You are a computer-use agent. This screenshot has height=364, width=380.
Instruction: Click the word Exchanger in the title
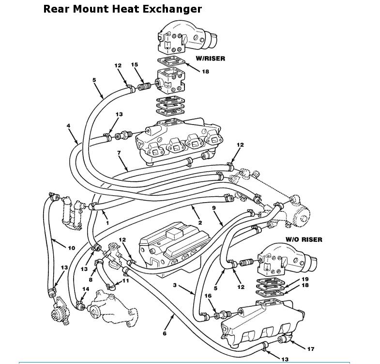coord(172,9)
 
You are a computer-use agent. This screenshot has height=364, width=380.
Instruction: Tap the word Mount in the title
coord(91,9)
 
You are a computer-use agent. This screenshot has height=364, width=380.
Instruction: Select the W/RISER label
coord(211,59)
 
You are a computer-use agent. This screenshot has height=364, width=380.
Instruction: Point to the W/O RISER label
coord(304,240)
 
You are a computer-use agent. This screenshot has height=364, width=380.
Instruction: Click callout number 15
coord(135,64)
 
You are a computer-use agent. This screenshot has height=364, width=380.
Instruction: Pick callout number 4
coord(69,126)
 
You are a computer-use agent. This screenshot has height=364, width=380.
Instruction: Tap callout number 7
coord(119,153)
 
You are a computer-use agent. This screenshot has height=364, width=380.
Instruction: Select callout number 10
coord(72,248)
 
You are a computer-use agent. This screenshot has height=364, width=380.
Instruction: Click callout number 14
coord(86,289)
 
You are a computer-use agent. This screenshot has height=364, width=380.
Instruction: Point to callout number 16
coord(208,296)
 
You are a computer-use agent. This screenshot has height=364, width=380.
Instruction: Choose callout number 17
coord(311,349)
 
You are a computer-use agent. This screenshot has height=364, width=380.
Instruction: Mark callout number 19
coord(305,279)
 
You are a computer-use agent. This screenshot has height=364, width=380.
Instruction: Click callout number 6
coord(165,333)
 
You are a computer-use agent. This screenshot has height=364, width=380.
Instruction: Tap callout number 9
coord(213,208)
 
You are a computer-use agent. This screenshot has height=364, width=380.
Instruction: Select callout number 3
coord(175,285)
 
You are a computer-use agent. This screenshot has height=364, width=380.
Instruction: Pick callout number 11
coord(125,281)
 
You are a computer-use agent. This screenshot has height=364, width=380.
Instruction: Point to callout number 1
coord(107,223)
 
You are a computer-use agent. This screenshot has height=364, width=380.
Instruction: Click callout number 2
coord(200,222)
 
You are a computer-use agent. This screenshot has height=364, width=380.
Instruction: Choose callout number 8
coord(91,280)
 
